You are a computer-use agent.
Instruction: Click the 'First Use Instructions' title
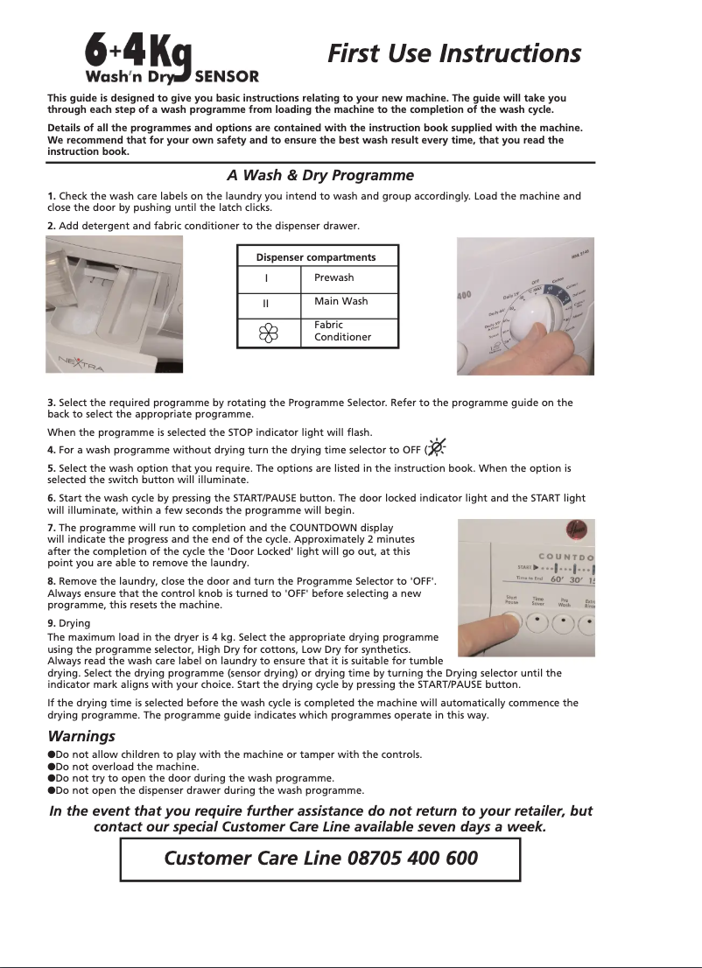pos(453,53)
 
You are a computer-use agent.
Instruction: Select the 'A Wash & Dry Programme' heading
pos(319,175)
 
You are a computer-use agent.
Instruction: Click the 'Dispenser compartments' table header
pos(316,257)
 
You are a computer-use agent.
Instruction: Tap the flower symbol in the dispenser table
pos(269,333)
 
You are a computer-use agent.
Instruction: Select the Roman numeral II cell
pos(266,305)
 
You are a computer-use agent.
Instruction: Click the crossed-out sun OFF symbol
pos(437,447)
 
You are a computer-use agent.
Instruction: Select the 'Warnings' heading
pos(81,737)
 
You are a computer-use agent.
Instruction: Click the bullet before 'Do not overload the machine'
pos(52,766)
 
